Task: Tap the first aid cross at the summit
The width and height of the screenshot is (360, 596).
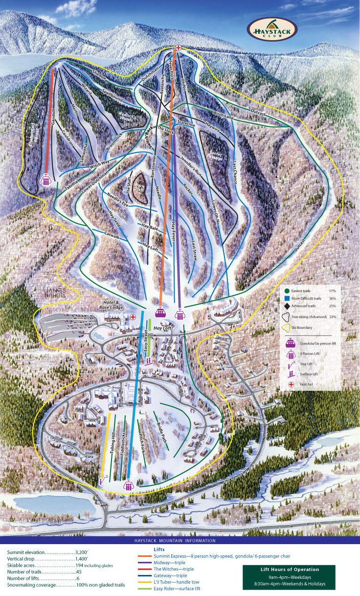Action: [x=179, y=47]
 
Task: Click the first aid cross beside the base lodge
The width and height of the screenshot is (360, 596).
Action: [x=133, y=318]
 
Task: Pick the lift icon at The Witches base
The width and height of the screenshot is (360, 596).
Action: [x=46, y=180]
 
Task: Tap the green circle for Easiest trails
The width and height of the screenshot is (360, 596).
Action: [x=288, y=291]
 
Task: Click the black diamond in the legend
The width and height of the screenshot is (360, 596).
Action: [x=288, y=306]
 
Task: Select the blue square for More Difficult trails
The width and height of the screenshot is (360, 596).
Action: [x=288, y=298]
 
